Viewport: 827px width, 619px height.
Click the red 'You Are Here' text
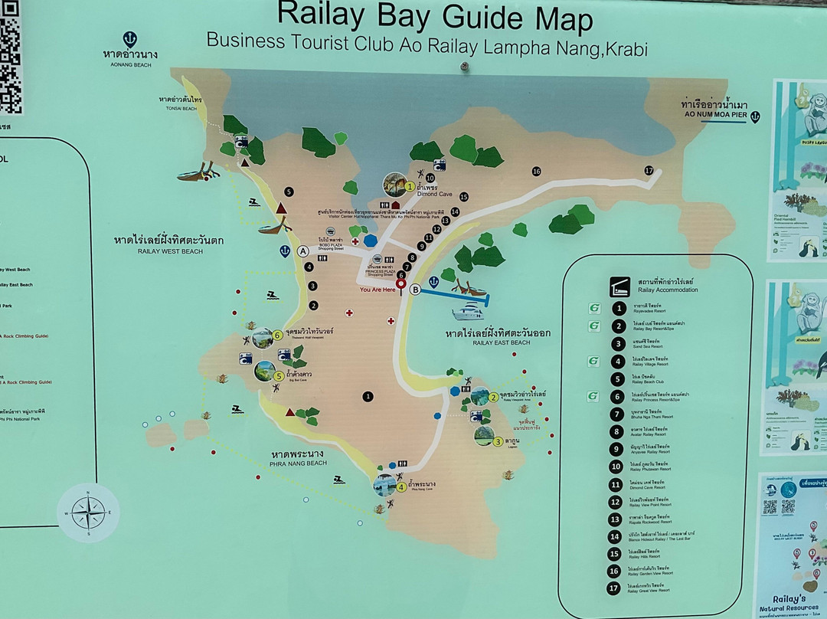(378, 290)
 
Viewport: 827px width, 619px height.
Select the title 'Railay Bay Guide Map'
(434, 17)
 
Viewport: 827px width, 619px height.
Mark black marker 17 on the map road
(649, 170)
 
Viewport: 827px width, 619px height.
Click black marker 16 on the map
(536, 171)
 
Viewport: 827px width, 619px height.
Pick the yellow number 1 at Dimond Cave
(410, 185)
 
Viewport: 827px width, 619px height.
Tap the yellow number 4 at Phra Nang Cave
(401, 486)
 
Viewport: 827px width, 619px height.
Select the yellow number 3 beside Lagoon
(498, 441)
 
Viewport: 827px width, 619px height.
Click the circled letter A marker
(303, 251)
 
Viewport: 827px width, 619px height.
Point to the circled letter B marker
(415, 290)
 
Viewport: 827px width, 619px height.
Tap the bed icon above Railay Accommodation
(619, 287)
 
